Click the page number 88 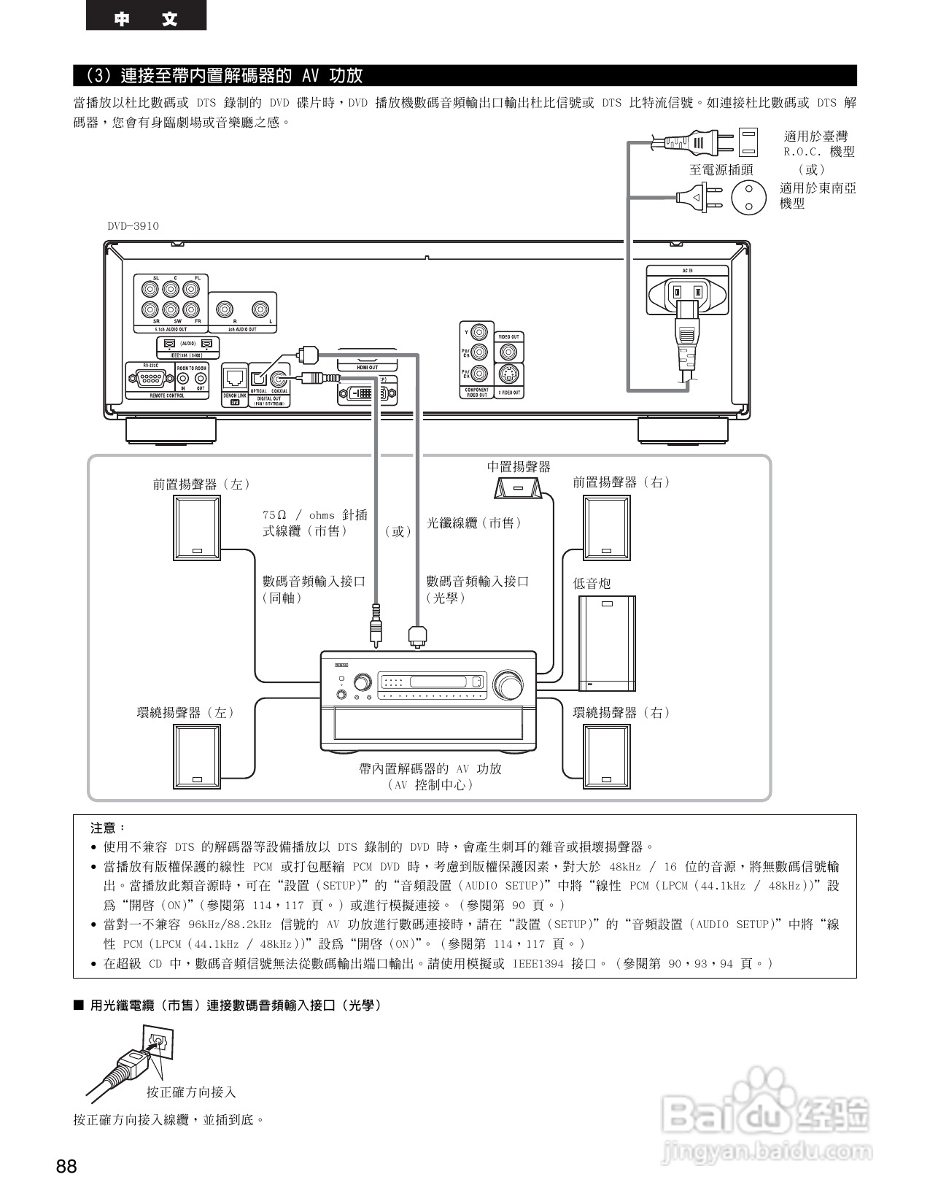click(x=66, y=1166)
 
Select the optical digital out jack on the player click(x=258, y=379)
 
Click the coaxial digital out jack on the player click(x=278, y=379)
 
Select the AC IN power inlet click(x=687, y=293)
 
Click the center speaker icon click(x=519, y=487)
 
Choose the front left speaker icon click(x=196, y=528)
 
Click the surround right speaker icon click(x=606, y=756)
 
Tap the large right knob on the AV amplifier click(x=508, y=685)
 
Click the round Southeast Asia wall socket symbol click(x=748, y=196)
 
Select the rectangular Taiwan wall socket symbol click(x=748, y=142)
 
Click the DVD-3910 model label click(x=133, y=226)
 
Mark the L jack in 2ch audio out click(x=260, y=309)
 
